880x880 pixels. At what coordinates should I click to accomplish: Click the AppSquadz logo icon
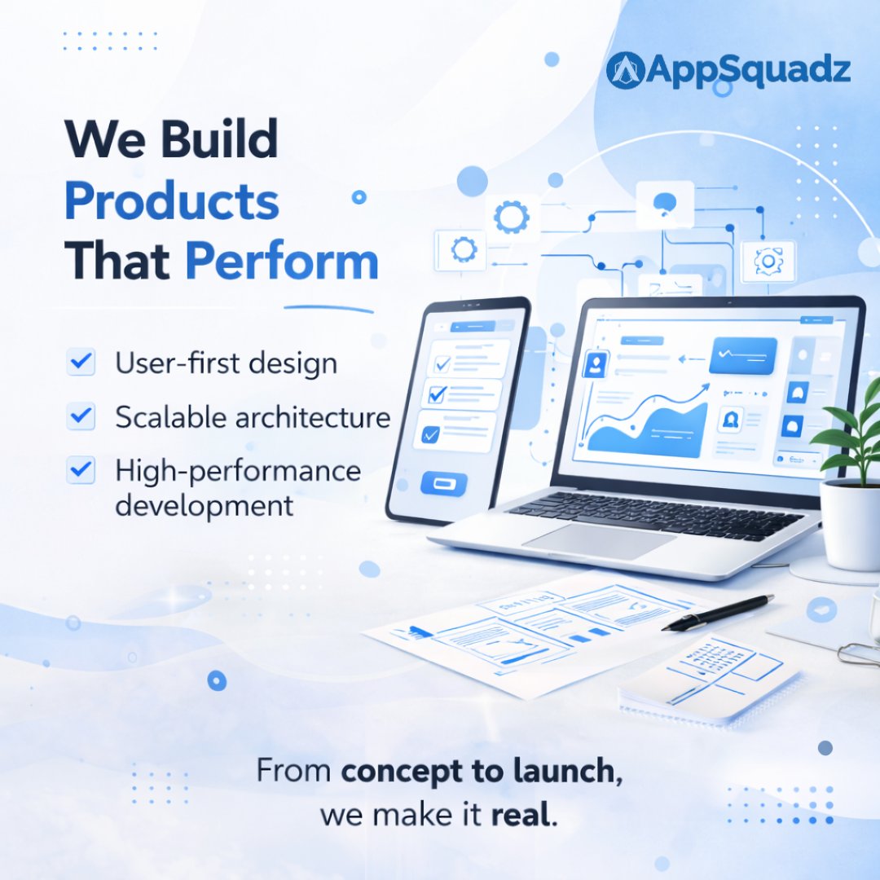pos(626,70)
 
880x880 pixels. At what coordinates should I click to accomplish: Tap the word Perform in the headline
pos(282,262)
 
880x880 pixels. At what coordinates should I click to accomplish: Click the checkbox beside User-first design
pos(81,362)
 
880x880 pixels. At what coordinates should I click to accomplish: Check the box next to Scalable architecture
pos(81,416)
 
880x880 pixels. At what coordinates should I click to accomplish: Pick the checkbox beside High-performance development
pos(81,470)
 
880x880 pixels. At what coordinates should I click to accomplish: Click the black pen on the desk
pos(717,612)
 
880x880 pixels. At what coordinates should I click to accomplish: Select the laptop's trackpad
pos(599,540)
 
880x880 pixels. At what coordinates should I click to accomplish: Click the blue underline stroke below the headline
pos(328,308)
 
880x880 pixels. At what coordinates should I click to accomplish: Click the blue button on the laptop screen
pos(742,355)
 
